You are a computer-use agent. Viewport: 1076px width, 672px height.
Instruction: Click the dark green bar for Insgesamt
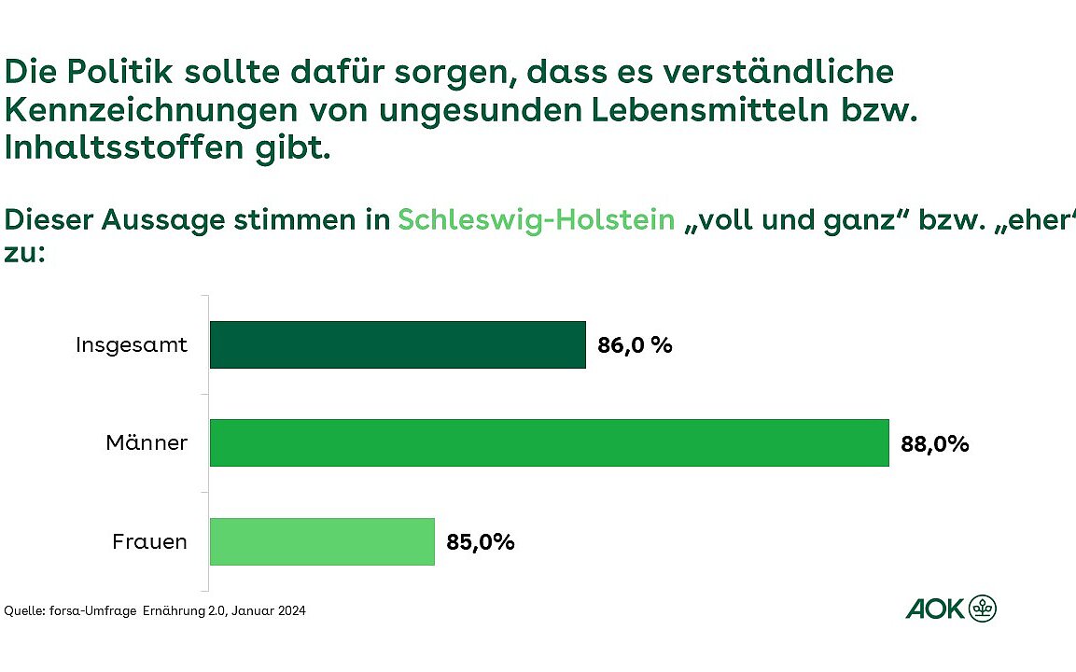coord(398,344)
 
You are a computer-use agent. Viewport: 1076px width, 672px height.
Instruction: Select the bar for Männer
coord(549,442)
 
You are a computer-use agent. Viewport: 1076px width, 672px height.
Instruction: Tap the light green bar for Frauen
coord(322,541)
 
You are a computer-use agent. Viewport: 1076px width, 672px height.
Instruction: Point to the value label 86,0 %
coord(635,345)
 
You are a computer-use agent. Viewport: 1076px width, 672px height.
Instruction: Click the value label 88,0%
coord(934,444)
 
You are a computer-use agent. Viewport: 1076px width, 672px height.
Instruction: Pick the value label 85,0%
coord(480,542)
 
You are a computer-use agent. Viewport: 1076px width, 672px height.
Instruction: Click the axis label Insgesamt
coord(132,345)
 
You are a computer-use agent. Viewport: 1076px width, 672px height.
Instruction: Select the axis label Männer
coord(147,443)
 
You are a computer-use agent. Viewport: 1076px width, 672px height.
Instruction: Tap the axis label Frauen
coord(149,541)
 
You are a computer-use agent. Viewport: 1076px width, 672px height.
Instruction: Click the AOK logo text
coord(934,609)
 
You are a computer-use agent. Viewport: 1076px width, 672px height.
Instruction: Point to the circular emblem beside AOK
coord(983,609)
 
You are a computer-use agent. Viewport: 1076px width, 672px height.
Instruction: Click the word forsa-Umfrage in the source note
coord(91,611)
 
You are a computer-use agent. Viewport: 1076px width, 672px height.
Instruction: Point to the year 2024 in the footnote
coord(290,611)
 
